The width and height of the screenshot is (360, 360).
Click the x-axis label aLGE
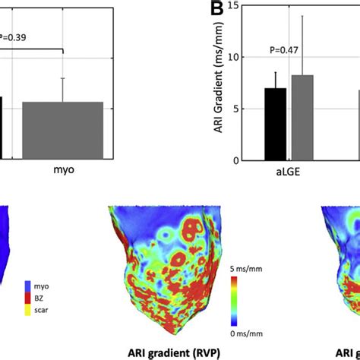(x=288, y=173)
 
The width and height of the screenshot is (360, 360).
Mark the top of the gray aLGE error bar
(x=302, y=16)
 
